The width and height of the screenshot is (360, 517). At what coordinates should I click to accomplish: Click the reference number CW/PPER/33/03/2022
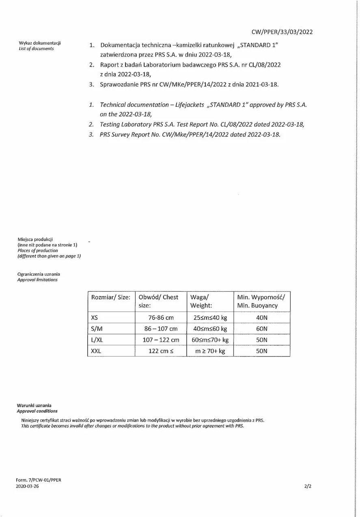pos(282,32)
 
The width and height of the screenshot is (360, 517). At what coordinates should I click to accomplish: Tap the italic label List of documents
pos(36,49)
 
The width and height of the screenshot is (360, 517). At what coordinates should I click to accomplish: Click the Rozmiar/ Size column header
pos(111,297)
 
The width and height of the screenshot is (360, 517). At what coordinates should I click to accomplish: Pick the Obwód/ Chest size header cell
pos(158,301)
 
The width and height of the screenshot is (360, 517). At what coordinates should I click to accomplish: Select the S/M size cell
pos(97,329)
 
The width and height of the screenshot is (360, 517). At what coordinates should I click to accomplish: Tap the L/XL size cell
pos(97,340)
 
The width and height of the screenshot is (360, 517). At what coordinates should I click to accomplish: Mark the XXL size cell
pos(96,351)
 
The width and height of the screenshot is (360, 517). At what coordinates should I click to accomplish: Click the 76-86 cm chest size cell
pos(161,318)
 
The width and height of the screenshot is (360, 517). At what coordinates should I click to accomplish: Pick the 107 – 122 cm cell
pos(161,340)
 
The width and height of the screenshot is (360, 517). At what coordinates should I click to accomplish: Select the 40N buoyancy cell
pos(262,318)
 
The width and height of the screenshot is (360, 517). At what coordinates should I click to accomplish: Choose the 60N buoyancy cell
pos(262,329)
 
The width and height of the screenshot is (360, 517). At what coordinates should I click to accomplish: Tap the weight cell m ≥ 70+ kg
pos(210,351)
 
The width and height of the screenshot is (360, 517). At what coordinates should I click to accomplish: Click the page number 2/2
pos(308,486)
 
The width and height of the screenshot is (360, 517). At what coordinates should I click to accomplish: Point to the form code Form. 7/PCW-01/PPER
pos(39,480)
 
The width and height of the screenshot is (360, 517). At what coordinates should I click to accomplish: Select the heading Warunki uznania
pos(34,405)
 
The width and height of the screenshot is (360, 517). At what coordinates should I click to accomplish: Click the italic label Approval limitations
pos(37,280)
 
